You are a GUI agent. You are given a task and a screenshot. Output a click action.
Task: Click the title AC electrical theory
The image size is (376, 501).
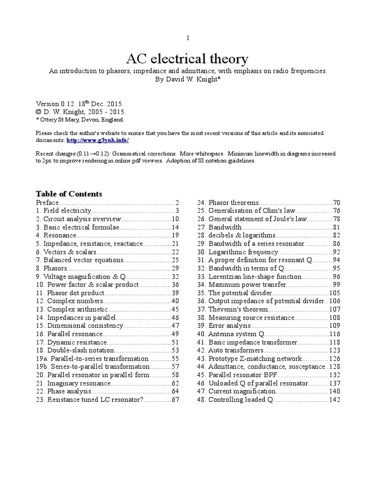click(x=187, y=59)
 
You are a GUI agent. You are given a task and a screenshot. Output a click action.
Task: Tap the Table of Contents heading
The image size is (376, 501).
click(x=69, y=194)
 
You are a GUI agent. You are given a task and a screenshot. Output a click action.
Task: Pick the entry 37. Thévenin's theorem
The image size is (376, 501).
click(x=232, y=309)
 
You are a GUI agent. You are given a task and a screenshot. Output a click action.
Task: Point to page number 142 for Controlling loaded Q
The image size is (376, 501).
click(x=334, y=400)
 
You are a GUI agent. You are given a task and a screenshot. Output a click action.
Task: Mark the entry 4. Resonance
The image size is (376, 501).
click(x=54, y=235)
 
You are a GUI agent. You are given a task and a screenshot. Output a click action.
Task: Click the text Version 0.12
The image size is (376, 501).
click(x=52, y=104)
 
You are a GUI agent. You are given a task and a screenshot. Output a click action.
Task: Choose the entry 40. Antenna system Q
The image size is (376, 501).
click(x=230, y=334)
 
